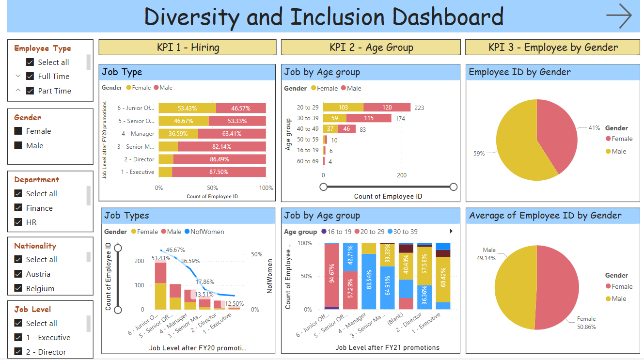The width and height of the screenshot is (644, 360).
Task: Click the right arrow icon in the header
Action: pos(619,16)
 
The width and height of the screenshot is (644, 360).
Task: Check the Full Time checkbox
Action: pos(30,77)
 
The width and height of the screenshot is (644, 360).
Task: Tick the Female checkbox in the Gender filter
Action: pos(18,131)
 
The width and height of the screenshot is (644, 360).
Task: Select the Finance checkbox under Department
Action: pos(18,208)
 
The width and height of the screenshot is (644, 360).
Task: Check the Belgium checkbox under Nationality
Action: pos(18,288)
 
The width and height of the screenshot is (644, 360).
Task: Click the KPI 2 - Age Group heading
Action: pos(371,47)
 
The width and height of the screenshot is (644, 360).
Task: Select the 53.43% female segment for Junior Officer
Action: pos(187,108)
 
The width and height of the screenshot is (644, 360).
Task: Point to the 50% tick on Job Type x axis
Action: pos(212,188)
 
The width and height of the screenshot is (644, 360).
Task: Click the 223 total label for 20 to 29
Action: pos(419,108)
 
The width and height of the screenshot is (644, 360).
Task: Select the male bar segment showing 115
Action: pos(369,118)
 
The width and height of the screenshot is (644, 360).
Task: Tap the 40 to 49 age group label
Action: pos(308,129)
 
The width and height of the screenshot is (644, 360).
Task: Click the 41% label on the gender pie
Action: pos(595,128)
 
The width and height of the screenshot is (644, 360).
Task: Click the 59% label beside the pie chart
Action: pos(479,154)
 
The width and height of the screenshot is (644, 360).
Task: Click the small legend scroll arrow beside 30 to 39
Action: pos(452,231)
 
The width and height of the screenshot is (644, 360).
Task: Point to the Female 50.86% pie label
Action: pos(586,323)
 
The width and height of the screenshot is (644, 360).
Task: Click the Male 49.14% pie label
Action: pos(489,254)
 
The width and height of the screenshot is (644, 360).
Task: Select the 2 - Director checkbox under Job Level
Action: pos(18,352)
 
